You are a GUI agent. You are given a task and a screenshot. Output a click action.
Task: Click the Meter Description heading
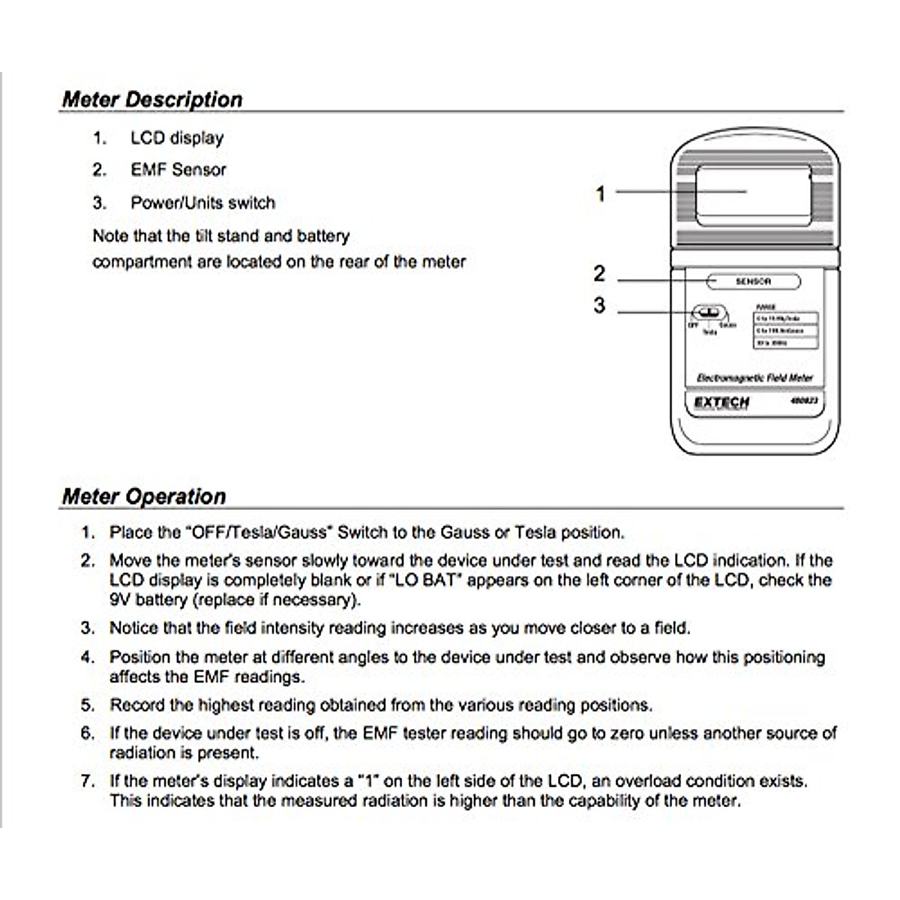coord(152,100)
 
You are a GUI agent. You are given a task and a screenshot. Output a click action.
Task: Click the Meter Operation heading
coord(144,496)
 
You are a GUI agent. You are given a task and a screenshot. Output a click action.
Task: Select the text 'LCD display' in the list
coord(177,138)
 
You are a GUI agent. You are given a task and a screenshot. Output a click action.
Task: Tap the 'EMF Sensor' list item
coord(178,170)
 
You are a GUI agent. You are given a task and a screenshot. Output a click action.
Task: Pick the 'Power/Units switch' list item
coord(202,203)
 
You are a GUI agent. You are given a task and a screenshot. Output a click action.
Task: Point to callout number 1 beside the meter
coord(600,193)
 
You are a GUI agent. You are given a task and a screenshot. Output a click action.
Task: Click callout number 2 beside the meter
coord(598,274)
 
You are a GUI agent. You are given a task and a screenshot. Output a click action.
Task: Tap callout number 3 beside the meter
coord(598,306)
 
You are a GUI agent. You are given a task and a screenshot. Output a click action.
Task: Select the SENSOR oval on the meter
coord(753,282)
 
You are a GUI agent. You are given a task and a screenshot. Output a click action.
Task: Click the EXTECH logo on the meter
coord(721,403)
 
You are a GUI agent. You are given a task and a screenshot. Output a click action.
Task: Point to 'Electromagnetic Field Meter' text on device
coord(754,378)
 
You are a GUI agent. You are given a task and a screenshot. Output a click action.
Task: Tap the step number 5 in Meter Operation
coord(88,706)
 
